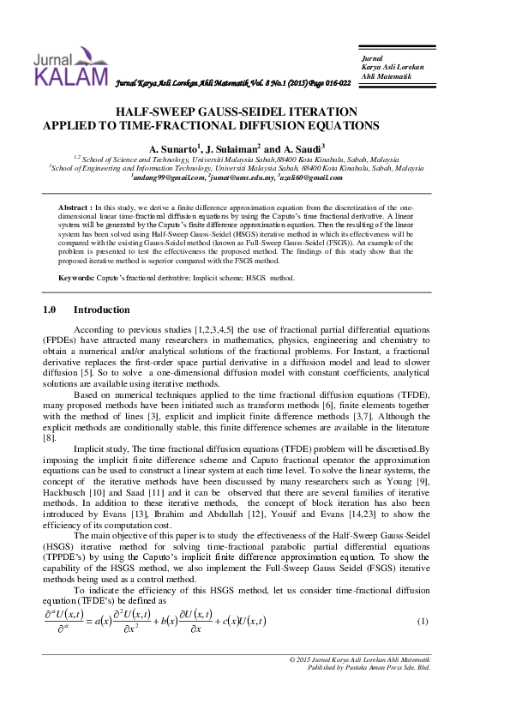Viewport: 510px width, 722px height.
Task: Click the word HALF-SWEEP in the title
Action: (x=155, y=112)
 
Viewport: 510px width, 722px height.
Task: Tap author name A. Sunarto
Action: (x=174, y=149)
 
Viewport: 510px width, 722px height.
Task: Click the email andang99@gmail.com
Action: (x=169, y=177)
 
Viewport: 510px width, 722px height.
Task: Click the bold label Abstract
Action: (x=75, y=208)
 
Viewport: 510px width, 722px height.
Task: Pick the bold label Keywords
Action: (x=76, y=278)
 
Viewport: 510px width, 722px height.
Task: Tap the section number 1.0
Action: (x=49, y=309)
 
